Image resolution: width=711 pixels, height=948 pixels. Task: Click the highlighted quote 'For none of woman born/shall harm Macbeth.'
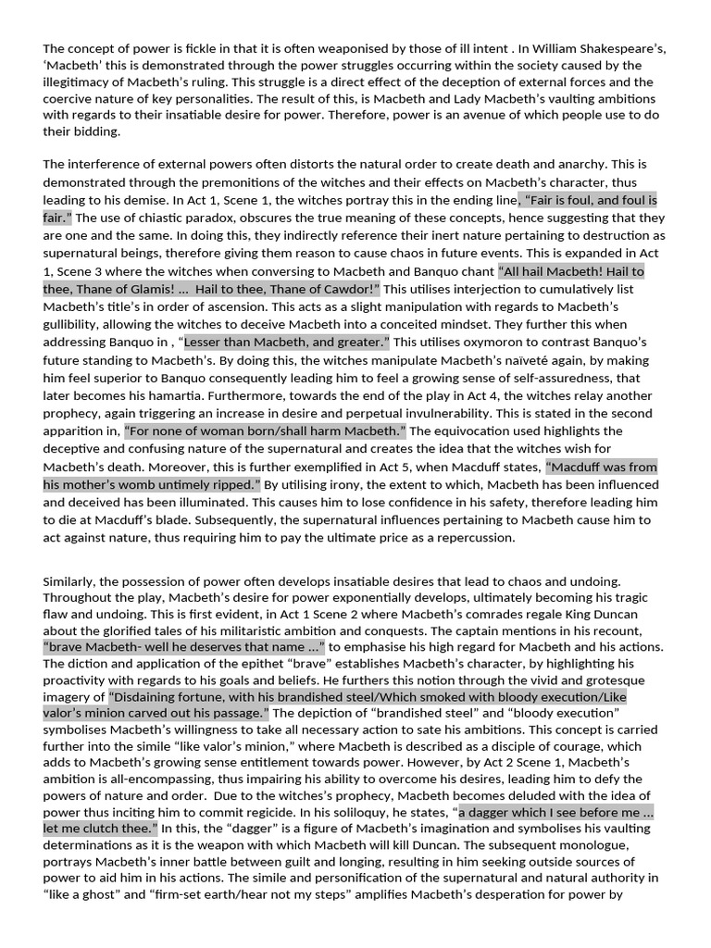pyautogui.click(x=266, y=430)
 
